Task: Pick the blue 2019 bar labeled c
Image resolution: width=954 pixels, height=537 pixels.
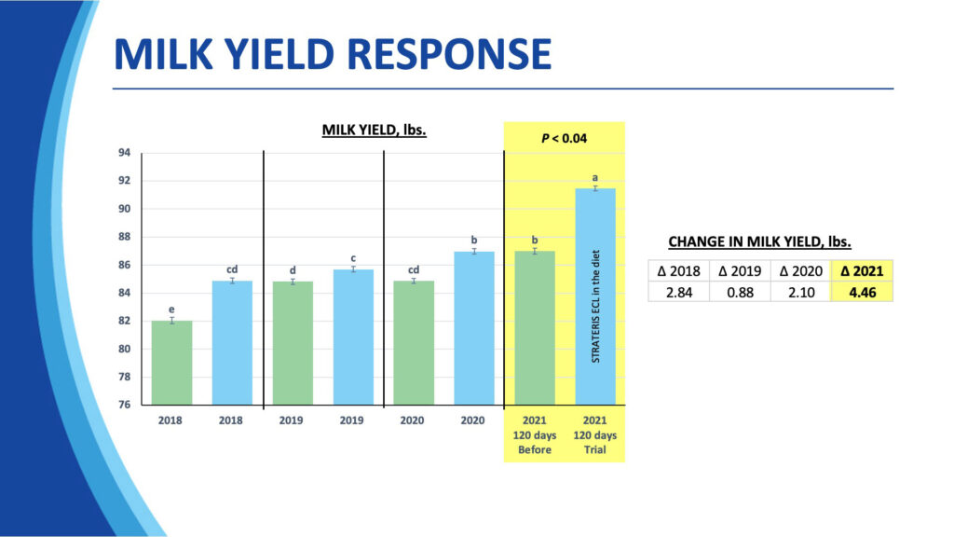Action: pos(353,337)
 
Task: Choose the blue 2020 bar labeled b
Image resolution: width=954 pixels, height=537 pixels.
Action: pos(473,327)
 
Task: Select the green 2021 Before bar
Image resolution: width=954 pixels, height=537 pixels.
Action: pos(534,327)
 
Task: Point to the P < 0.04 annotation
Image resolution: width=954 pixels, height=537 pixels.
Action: pos(564,139)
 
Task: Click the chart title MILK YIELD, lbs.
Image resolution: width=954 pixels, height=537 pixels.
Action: pos(374,131)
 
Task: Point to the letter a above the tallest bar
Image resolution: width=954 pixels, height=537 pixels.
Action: pos(594,177)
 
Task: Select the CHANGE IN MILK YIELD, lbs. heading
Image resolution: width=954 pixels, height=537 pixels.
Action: pos(760,242)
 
